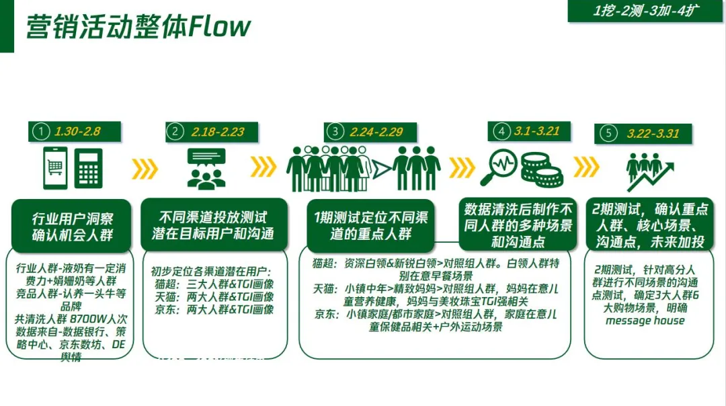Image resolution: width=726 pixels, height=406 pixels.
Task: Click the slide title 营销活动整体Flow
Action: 138,26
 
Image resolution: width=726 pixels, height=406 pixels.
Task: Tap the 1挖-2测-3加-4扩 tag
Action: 645,10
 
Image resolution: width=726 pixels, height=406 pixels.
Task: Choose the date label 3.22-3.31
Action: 653,134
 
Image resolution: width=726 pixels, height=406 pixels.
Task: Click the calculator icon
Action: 88,169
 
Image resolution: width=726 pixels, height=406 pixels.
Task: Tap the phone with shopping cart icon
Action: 56,168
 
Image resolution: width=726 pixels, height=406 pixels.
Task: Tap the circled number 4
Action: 501,131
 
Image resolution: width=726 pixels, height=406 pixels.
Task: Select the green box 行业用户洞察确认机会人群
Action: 73,226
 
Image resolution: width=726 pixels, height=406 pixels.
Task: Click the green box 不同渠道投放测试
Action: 212,226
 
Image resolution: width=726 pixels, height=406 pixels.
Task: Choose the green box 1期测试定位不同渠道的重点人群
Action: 369,226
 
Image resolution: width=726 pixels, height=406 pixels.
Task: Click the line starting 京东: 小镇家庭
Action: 417,313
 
